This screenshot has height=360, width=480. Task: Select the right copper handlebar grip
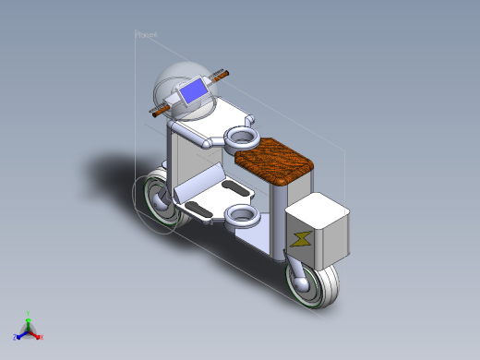click(x=221, y=75)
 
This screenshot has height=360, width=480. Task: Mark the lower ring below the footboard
click(x=242, y=217)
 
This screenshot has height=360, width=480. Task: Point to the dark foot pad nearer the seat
click(x=235, y=190)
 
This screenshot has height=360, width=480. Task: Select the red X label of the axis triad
click(x=42, y=337)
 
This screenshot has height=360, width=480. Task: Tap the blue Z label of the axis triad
click(x=15, y=338)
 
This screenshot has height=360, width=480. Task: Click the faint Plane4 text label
click(x=147, y=34)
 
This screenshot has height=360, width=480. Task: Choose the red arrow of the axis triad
click(x=35, y=334)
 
